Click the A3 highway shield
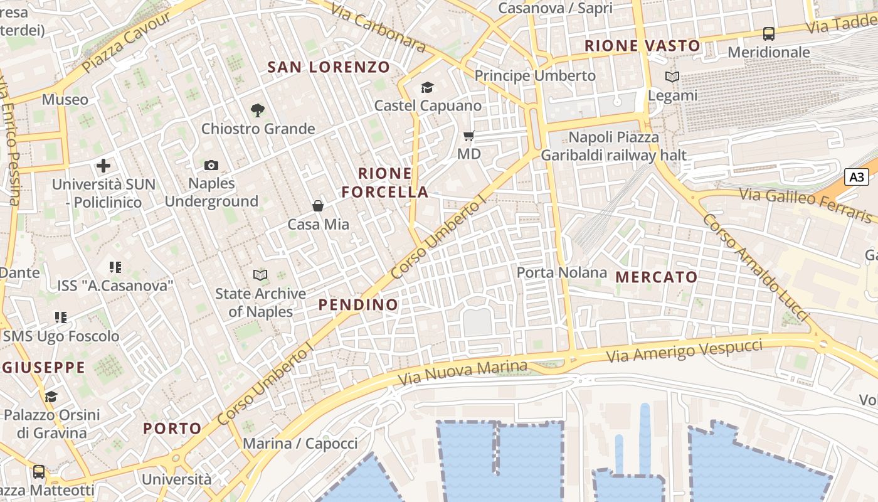(x=857, y=177)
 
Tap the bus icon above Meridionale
(x=768, y=34)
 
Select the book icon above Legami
(x=672, y=77)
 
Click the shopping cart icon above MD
(x=468, y=136)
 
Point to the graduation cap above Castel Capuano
(x=428, y=87)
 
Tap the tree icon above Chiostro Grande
(x=257, y=110)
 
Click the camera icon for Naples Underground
(x=211, y=165)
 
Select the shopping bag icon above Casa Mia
(x=318, y=205)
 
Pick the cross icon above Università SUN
(x=103, y=166)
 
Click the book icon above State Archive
(x=260, y=275)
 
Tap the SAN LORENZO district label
(x=329, y=67)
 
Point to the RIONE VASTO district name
(x=642, y=46)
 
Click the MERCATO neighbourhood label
(x=657, y=277)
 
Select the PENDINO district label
(x=358, y=305)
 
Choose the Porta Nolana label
(x=562, y=272)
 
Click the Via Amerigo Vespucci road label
(x=685, y=350)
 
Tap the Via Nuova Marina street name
(x=463, y=373)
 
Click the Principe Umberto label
(x=535, y=76)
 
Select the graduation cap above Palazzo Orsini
(x=51, y=397)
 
